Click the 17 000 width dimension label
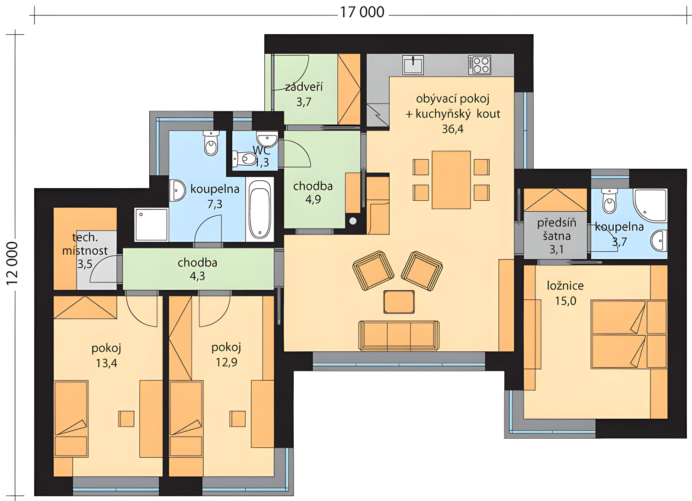[362, 13]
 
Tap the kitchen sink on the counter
[413, 64]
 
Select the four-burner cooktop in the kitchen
[480, 65]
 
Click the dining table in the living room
[451, 180]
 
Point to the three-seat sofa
[399, 336]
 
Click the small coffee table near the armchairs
[399, 302]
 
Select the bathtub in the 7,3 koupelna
[260, 209]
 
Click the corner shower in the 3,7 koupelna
[650, 205]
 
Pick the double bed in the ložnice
[629, 334]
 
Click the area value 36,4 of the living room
[452, 129]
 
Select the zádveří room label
[304, 87]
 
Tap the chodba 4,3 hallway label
[197, 269]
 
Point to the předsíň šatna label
[557, 229]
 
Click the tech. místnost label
[85, 244]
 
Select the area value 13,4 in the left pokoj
[106, 363]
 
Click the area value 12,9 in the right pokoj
[227, 362]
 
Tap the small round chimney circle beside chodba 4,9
[353, 221]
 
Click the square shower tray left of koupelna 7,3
[151, 225]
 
